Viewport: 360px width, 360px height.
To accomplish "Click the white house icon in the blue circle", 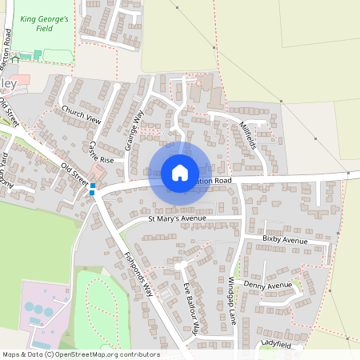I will (x=179, y=173).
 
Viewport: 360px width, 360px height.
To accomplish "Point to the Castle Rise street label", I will (x=101, y=152).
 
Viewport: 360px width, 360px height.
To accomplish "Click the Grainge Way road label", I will (x=133, y=130).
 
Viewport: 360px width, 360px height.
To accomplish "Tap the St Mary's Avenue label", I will (x=177, y=218).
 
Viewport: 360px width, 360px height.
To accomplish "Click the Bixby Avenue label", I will (x=285, y=240).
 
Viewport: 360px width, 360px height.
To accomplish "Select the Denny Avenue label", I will (x=269, y=285).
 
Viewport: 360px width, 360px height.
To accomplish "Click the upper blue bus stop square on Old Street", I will (x=93, y=186).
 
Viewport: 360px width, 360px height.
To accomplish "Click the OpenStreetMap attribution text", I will (x=81, y=354).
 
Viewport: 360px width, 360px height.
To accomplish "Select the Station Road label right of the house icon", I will (x=214, y=182).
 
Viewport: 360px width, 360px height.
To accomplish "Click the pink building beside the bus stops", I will (x=99, y=173).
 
